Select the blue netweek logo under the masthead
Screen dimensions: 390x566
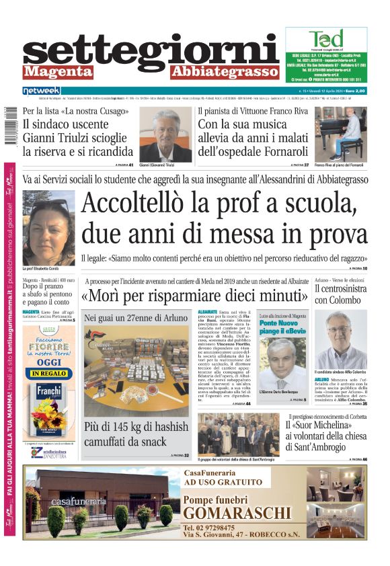click(x=41, y=90)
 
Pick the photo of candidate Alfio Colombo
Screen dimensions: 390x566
click(x=340, y=339)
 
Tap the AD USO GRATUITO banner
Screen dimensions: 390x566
click(x=223, y=482)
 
